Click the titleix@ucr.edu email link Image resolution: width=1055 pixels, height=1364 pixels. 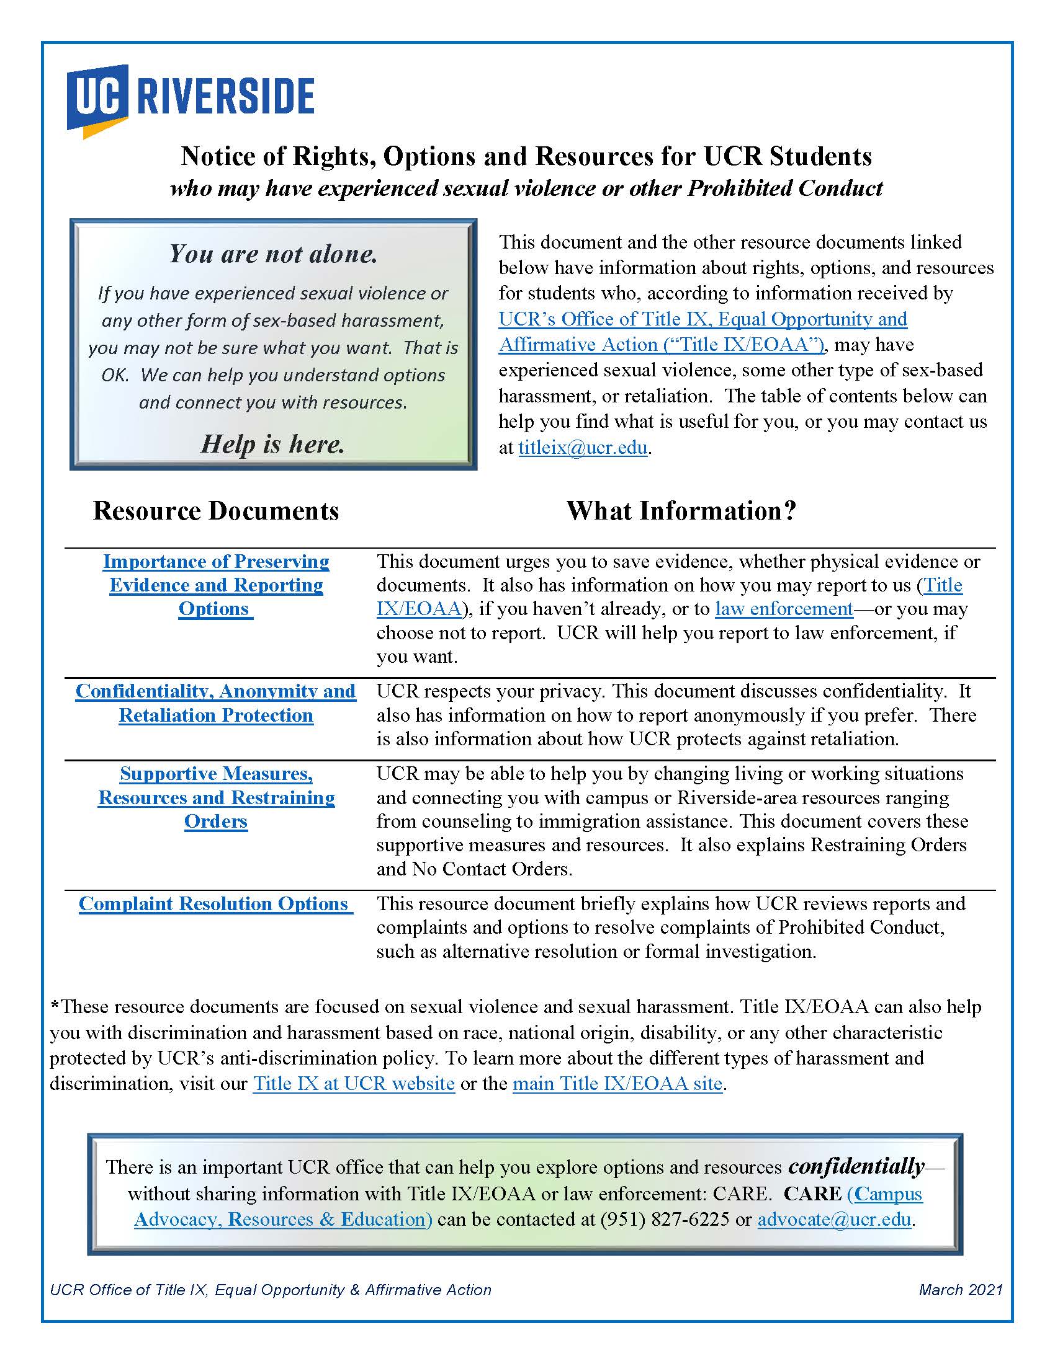click(583, 448)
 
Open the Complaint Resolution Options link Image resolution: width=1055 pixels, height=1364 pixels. click(214, 904)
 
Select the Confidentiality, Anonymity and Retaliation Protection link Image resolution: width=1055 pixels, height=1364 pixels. click(215, 702)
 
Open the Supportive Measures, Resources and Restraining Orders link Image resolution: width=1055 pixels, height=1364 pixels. click(215, 797)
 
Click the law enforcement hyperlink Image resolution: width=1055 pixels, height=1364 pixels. click(784, 608)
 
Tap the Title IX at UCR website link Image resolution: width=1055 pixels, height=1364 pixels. click(354, 1083)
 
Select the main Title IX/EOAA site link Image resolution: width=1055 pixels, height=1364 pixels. click(617, 1083)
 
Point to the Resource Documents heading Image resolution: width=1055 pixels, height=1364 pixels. click(215, 511)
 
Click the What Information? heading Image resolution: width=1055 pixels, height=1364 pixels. click(681, 511)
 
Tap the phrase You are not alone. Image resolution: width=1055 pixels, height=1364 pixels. click(273, 254)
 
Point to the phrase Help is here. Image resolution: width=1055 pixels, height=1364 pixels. click(273, 444)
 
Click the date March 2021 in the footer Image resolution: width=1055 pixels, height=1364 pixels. click(960, 1290)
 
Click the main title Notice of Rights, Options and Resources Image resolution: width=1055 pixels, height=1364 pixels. click(526, 156)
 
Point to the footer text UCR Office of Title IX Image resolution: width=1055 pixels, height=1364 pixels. click(270, 1290)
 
